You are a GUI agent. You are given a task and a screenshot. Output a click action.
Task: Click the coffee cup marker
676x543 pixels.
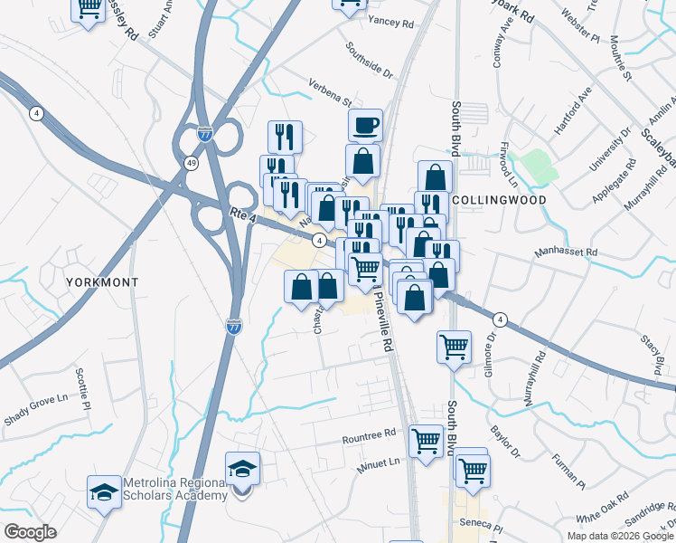(365, 124)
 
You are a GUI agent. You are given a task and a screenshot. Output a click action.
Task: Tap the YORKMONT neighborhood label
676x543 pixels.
(102, 282)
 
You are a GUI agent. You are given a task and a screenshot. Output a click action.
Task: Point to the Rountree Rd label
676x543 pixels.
(370, 437)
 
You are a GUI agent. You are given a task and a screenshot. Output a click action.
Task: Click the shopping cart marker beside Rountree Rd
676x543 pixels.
(426, 441)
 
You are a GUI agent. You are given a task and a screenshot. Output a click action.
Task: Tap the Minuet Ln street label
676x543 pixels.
(380, 462)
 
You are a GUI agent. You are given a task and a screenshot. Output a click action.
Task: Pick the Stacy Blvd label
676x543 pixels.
(653, 354)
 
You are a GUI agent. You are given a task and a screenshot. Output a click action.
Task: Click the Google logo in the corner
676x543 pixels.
(30, 531)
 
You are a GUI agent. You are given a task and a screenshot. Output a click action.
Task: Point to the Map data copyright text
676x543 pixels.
(619, 536)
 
